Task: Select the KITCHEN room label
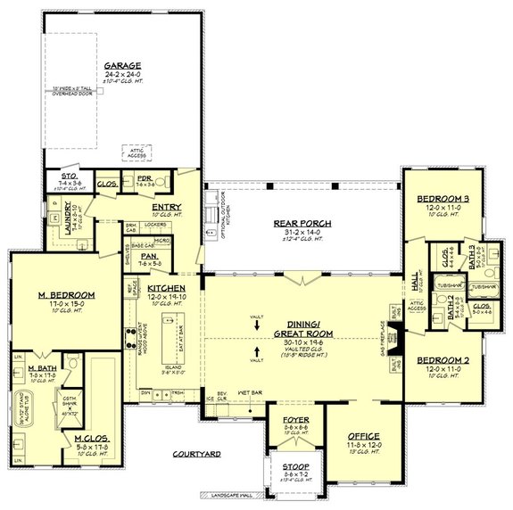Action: click(167, 288)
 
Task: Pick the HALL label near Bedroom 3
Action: click(415, 280)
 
